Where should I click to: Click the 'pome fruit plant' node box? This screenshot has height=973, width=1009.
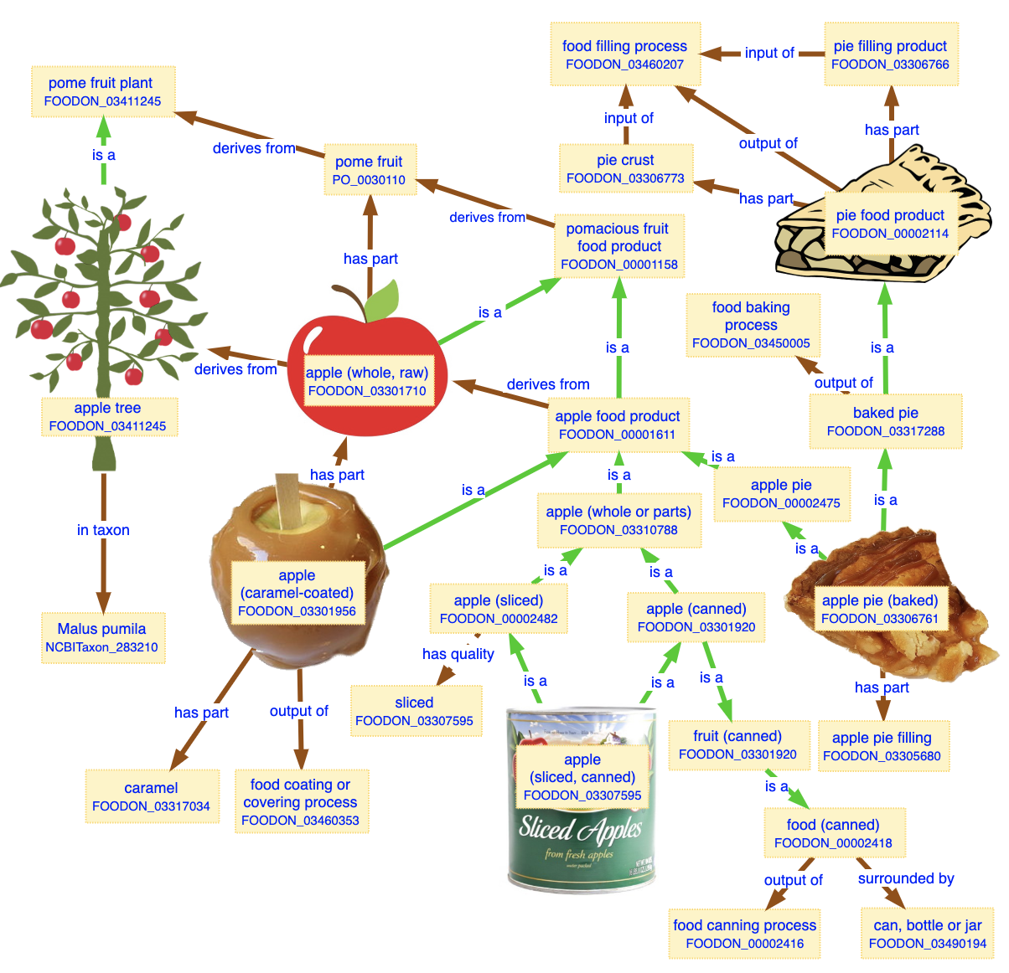click(103, 92)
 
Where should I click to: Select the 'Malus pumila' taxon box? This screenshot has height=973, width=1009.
click(103, 637)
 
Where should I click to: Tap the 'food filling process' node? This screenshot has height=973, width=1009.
click(624, 55)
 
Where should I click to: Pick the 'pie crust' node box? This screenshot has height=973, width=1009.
click(626, 168)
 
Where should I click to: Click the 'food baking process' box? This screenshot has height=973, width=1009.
click(752, 325)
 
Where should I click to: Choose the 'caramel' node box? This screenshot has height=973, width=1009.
click(152, 796)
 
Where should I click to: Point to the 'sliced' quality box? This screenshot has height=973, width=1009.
click(415, 711)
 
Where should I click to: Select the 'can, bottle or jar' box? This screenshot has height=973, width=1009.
click(927, 934)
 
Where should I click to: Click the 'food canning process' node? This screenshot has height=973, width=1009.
click(744, 934)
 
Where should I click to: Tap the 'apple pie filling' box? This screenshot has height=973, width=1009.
click(882, 746)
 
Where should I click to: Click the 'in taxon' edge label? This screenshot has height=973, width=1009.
click(103, 530)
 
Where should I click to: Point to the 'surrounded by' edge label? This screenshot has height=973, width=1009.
click(906, 878)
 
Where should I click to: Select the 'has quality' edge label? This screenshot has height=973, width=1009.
click(458, 654)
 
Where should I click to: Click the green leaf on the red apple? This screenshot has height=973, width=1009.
click(383, 300)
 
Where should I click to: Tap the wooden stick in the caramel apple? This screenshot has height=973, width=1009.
click(287, 498)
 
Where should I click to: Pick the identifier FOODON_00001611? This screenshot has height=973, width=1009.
click(617, 434)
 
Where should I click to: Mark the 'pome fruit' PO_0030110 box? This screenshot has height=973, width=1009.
click(369, 170)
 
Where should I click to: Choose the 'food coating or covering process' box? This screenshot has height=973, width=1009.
click(301, 801)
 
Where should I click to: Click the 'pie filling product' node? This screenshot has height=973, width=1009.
click(890, 55)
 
